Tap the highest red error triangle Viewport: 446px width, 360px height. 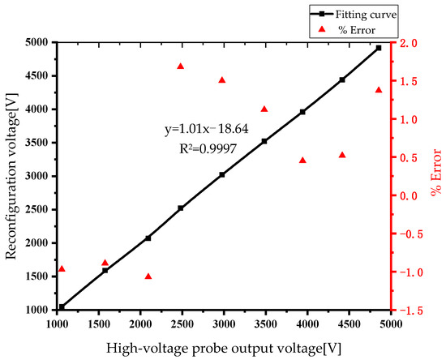point(180,66)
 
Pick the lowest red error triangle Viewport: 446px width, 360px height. point(148,276)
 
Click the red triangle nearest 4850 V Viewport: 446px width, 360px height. point(379,90)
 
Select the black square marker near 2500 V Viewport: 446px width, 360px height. point(181,208)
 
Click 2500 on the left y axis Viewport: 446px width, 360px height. point(36,209)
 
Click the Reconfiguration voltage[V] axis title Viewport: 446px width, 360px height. point(11,174)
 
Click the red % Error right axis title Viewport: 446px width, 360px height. point(435,175)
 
